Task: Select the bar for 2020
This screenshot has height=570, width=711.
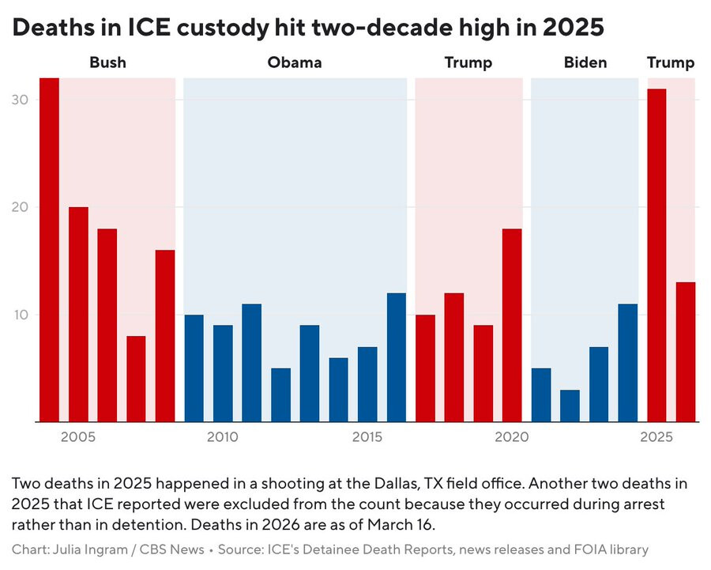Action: [512, 325]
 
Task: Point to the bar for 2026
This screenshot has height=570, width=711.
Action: [686, 352]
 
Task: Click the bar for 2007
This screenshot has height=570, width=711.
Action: [136, 379]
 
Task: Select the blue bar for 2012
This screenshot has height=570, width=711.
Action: [280, 394]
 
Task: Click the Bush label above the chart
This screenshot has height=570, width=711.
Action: [107, 62]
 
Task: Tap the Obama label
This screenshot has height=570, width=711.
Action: [295, 62]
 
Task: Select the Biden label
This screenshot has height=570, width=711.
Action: [585, 62]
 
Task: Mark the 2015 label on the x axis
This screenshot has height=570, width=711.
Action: [367, 437]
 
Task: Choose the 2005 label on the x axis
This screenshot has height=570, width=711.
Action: [78, 437]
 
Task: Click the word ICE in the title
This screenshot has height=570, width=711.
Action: [149, 28]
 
